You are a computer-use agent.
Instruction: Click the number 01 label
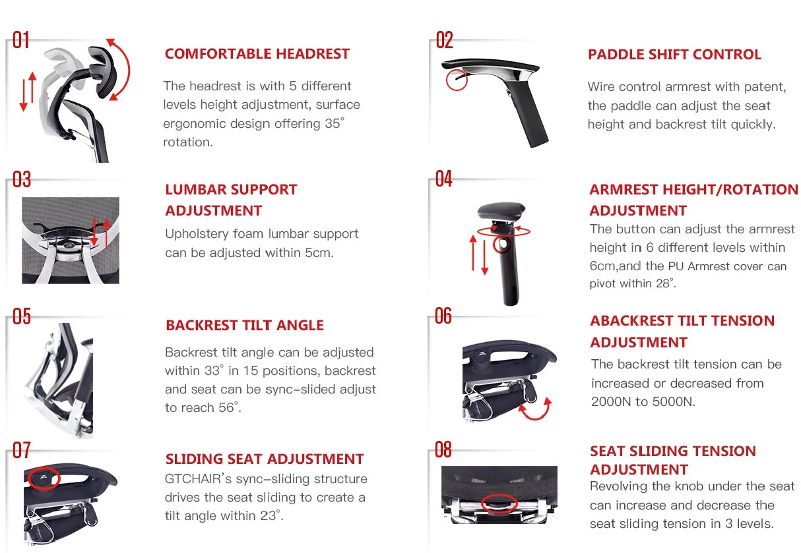21,40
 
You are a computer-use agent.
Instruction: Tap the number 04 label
444,179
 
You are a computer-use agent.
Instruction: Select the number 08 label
443,450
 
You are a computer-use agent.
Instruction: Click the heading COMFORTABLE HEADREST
257,54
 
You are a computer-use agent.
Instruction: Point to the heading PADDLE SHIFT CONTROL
674,55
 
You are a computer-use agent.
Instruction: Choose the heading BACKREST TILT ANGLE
245,326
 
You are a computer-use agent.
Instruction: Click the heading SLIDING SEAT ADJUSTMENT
265,459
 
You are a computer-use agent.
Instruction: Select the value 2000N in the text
612,401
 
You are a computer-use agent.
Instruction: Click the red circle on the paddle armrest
456,80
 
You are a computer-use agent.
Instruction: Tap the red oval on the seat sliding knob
500,504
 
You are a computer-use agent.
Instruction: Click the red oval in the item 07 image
44,478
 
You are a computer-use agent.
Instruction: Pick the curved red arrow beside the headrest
120,69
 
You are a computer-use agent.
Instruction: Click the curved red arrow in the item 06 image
534,409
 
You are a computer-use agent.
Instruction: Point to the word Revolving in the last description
620,486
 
